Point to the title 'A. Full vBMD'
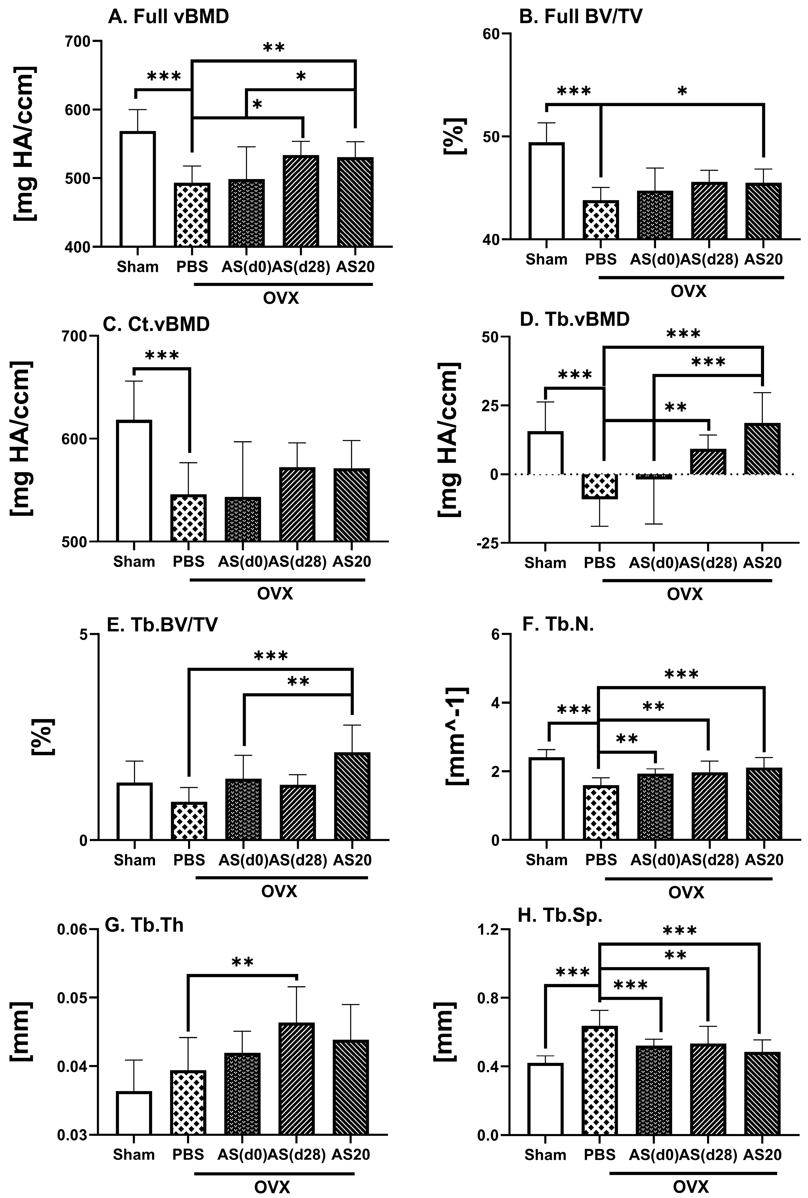pos(169,17)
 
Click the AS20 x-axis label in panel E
pos(352,860)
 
